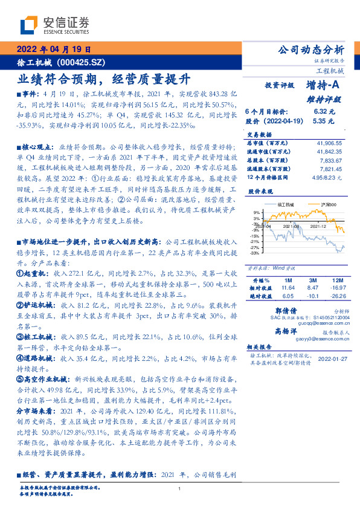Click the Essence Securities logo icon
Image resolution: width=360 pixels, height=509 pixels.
coord(29,24)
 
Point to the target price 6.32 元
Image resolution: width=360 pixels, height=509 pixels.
coord(320,112)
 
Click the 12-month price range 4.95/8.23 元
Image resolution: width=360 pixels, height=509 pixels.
coord(327,178)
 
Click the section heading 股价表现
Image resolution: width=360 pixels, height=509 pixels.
coord(260,191)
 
